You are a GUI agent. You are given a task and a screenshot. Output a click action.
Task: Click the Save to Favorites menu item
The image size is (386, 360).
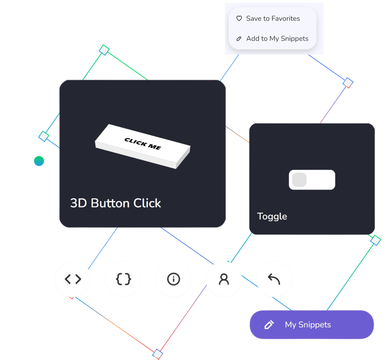tap(272, 19)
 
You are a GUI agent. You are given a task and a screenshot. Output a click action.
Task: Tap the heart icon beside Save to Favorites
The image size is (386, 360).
tap(239, 18)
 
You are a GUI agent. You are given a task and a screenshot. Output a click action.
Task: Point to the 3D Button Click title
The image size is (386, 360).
tap(115, 203)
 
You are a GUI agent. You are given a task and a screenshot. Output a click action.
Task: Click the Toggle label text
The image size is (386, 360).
tap(272, 216)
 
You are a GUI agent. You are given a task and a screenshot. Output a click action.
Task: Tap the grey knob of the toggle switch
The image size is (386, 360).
tap(299, 180)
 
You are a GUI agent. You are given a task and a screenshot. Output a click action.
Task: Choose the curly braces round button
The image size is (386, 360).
tap(123, 279)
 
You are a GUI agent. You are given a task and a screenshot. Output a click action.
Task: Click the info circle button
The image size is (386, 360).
tap(173, 279)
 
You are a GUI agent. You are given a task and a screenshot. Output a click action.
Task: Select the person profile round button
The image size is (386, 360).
tap(224, 279)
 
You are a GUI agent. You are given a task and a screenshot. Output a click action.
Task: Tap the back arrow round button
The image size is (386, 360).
tap(274, 279)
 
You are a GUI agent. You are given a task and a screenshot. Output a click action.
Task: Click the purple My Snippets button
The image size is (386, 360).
tap(311, 325)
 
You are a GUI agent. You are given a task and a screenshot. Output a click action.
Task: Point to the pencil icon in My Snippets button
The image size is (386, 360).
tap(269, 325)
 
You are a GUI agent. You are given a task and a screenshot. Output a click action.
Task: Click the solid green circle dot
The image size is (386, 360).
tap(39, 161)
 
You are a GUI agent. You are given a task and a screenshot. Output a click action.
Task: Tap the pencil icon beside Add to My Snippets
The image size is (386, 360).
tap(239, 39)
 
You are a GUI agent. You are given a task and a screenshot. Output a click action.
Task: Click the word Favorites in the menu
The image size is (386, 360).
tap(286, 19)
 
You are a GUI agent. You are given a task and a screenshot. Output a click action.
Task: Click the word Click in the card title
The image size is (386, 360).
tap(147, 203)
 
